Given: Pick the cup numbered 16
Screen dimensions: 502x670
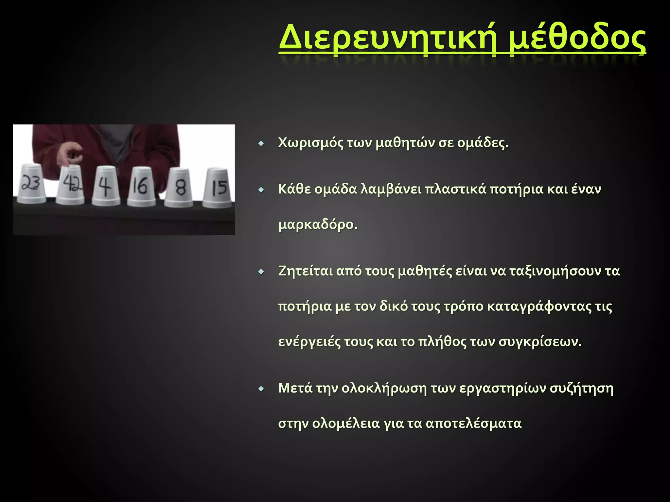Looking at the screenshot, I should (x=141, y=187).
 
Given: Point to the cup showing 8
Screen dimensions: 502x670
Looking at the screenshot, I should (x=179, y=188).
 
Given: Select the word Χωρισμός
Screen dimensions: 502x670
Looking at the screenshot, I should (x=310, y=143).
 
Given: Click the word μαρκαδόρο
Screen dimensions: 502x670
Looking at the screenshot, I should (x=317, y=225).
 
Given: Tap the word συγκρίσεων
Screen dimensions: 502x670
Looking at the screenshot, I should (x=540, y=342).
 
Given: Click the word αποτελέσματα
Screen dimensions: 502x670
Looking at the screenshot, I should (x=473, y=424).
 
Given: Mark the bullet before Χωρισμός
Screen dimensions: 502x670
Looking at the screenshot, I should (x=261, y=143).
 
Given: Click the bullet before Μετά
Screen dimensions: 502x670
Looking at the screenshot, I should (x=261, y=389).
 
